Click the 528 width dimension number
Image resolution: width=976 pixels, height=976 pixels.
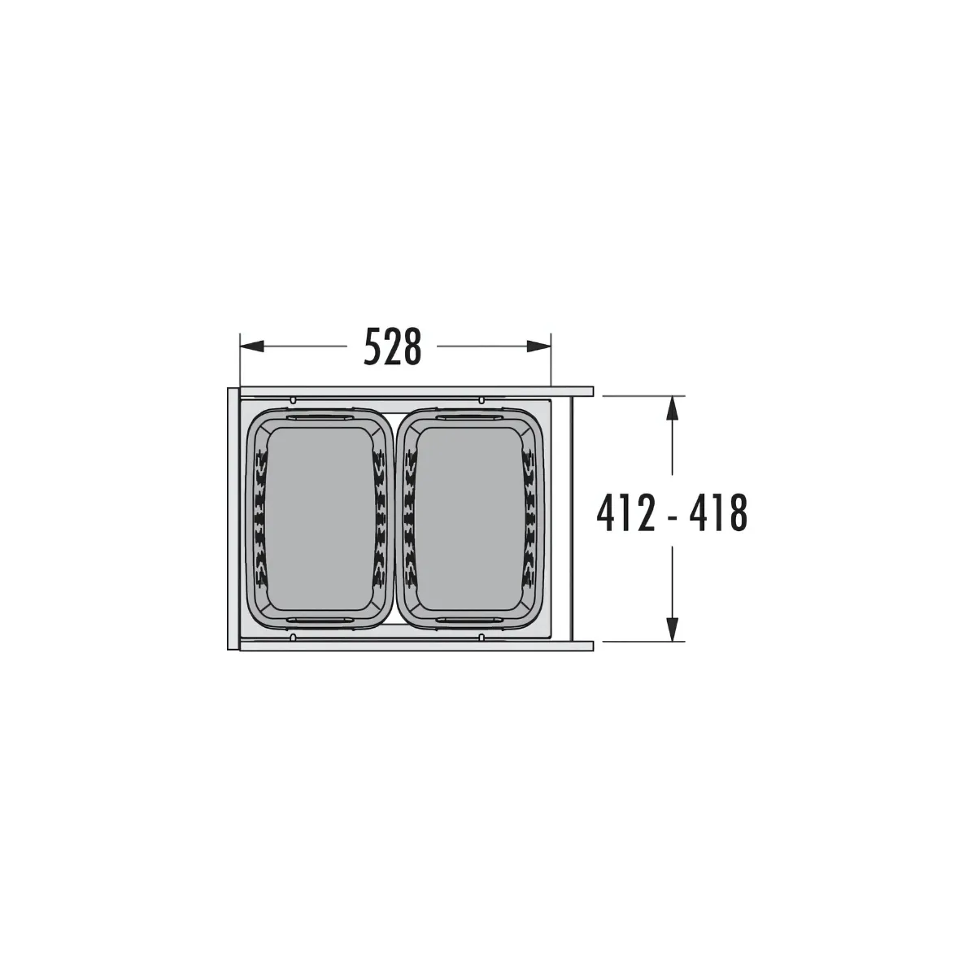(393, 347)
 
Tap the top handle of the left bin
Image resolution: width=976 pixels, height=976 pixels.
(318, 416)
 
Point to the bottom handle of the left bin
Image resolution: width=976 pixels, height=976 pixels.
(318, 621)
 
